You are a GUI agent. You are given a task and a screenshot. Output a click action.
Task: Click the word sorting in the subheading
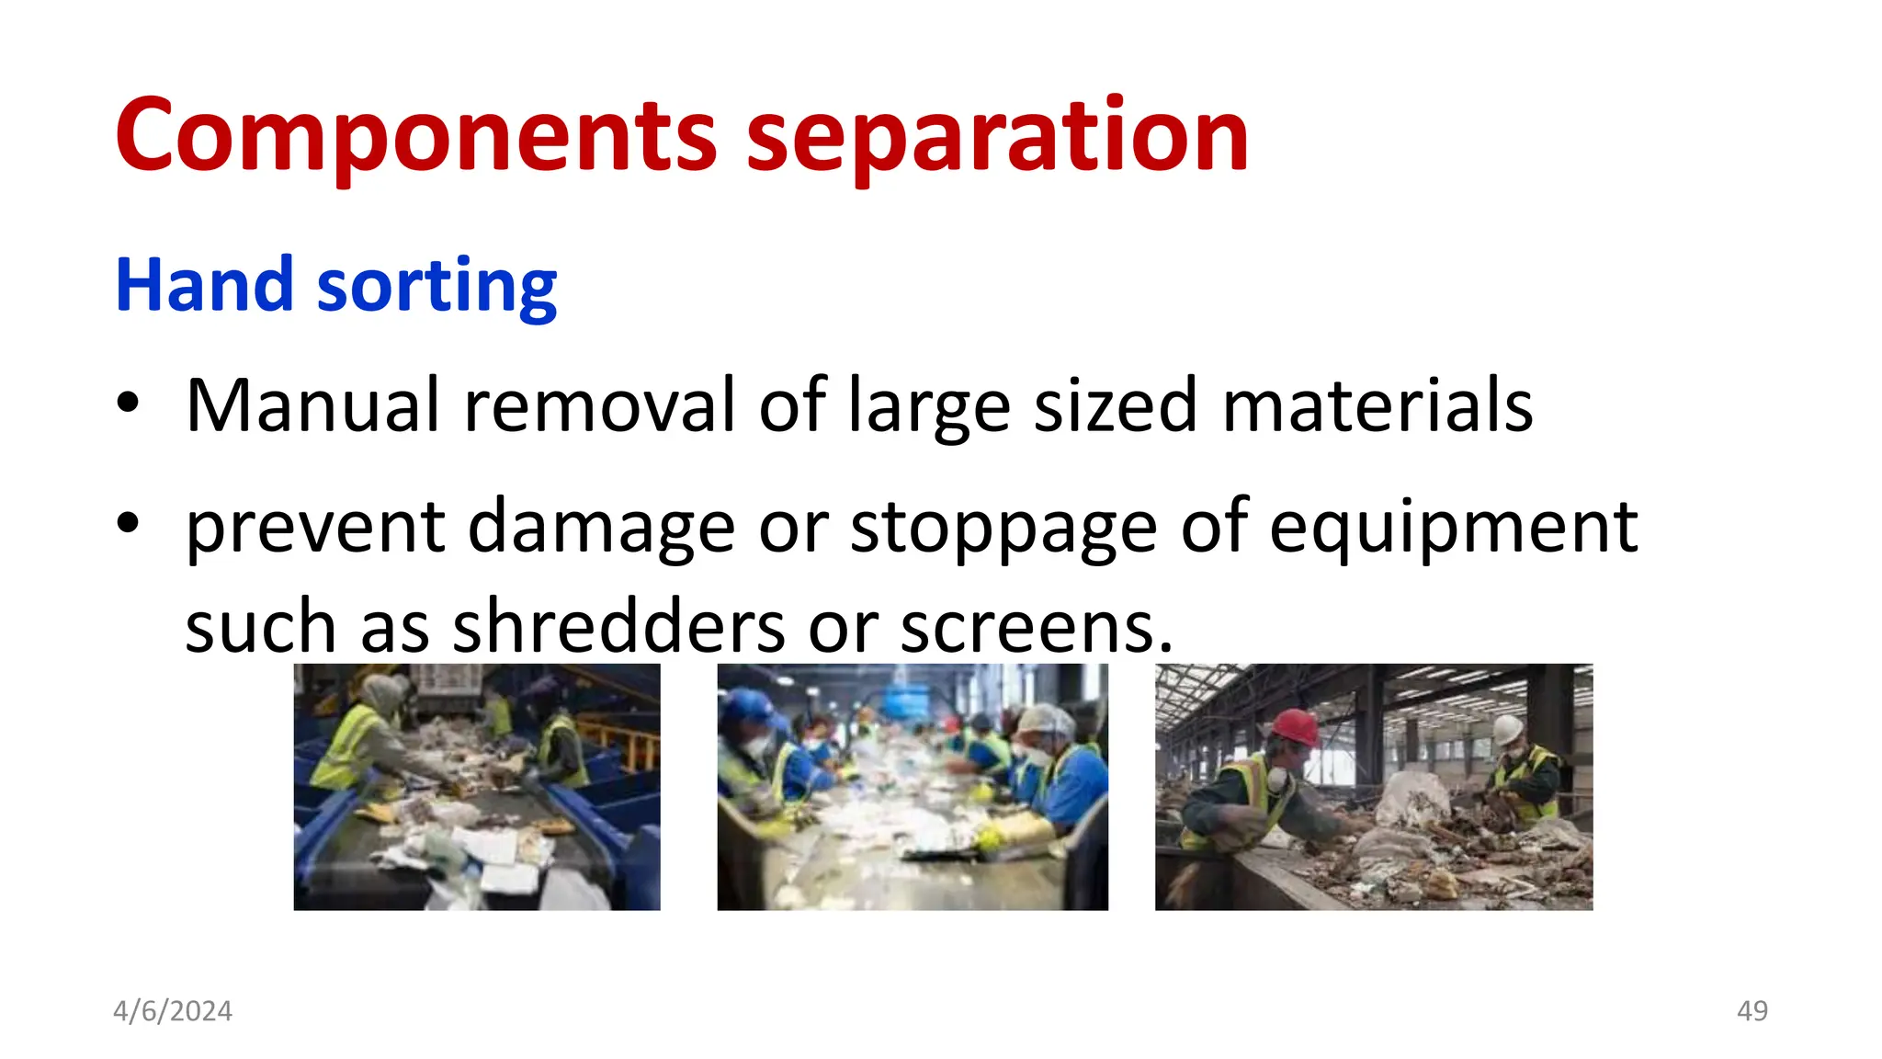[436, 287]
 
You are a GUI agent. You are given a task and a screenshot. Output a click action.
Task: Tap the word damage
[602, 528]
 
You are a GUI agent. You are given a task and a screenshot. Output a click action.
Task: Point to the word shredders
[619, 627]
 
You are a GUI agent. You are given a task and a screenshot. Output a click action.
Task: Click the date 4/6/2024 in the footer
[173, 1011]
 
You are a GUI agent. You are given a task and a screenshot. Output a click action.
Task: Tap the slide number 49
[1752, 1011]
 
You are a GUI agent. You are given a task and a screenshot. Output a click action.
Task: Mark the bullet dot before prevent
[128, 523]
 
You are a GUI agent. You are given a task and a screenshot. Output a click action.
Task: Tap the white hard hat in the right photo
[1508, 730]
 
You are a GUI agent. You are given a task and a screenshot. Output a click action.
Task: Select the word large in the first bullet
[928, 406]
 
